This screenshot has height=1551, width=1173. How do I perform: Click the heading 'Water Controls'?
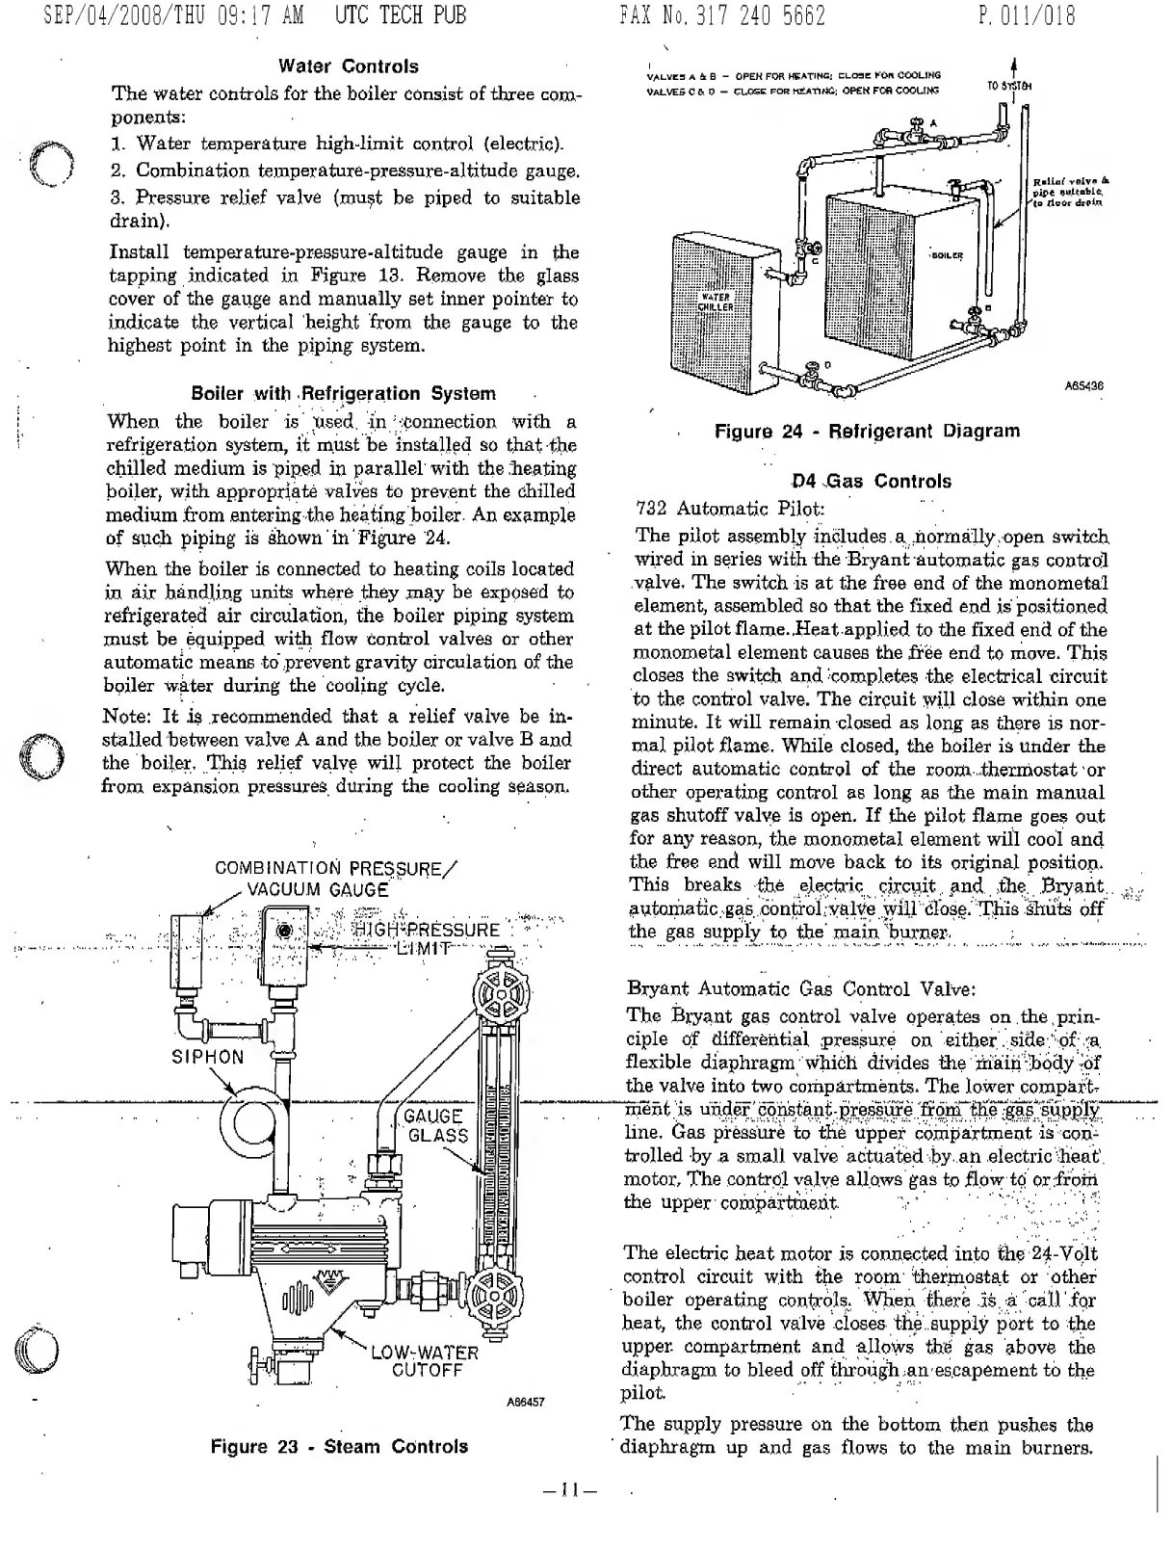click(349, 66)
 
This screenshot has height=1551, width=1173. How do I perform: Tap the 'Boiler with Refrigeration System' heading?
click(344, 393)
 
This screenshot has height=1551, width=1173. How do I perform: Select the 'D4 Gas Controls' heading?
click(871, 481)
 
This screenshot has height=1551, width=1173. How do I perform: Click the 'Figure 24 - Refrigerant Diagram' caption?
click(867, 431)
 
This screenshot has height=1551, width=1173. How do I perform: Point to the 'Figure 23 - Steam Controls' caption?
click(339, 1446)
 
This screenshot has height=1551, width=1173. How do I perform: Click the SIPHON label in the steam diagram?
click(208, 1056)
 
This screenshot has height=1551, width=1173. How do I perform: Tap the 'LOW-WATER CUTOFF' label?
click(425, 1361)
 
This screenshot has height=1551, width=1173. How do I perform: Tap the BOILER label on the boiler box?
click(947, 255)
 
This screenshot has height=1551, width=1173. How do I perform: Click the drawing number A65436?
click(1083, 385)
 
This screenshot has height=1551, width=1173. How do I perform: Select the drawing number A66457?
click(526, 1402)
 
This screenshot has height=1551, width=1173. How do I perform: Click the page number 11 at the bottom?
click(569, 1491)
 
